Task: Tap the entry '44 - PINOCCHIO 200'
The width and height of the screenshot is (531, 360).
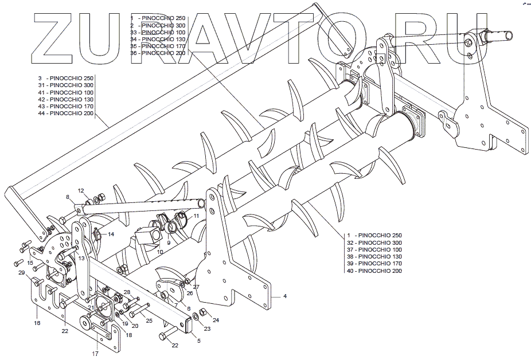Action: click(x=65, y=114)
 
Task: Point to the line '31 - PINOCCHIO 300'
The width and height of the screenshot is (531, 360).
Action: click(x=65, y=85)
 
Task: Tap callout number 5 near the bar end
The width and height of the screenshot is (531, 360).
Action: click(x=198, y=341)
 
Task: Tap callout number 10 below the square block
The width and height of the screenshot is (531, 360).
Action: click(x=160, y=252)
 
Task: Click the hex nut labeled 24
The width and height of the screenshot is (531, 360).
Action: click(x=202, y=312)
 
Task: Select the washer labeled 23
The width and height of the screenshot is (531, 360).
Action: click(x=196, y=316)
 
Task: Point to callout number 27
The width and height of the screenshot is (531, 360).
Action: click(x=196, y=286)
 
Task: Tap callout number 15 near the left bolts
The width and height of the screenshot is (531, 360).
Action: click(x=30, y=263)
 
